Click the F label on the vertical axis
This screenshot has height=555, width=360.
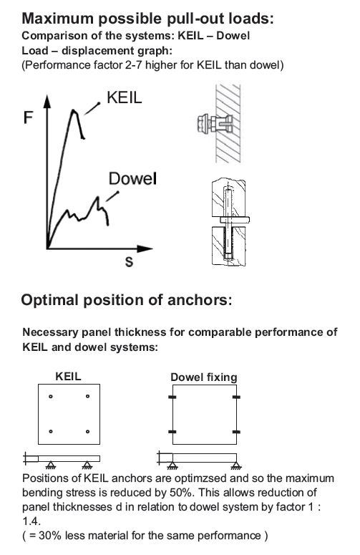point(28,117)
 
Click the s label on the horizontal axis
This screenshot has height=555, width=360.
point(129,262)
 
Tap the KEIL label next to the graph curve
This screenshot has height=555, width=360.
point(124,97)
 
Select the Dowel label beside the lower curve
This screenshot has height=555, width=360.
point(132,179)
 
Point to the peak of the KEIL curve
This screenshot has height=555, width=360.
point(74,110)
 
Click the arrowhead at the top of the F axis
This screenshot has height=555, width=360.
point(47,100)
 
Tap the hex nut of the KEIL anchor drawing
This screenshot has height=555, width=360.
point(203,123)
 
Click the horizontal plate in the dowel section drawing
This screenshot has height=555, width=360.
point(235,220)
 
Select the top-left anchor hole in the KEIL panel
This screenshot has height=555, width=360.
point(51,397)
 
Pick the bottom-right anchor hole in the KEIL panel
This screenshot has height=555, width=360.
point(88,432)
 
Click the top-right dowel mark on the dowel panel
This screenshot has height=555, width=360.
point(236,397)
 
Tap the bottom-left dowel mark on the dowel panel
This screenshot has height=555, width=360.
point(172,432)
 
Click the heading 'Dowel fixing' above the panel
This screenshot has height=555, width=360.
point(204,377)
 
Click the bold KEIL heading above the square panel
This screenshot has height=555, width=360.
point(68,376)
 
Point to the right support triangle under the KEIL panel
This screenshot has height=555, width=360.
point(87,465)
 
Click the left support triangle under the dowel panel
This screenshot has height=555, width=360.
point(172,465)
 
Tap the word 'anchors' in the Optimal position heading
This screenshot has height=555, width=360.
point(200,300)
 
